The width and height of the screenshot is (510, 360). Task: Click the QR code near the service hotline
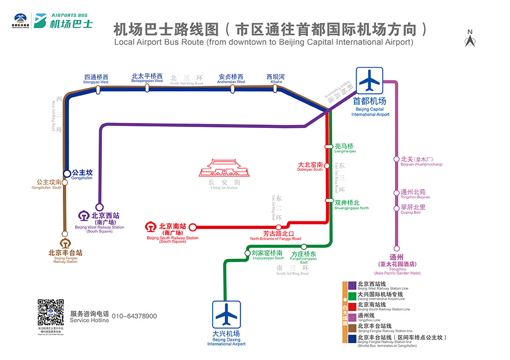(x=50, y=312)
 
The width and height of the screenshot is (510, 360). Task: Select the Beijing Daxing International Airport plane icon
(x=226, y=315)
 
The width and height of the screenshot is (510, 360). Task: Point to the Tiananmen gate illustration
(x=224, y=168)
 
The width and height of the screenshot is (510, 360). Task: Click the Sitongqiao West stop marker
(x=97, y=90)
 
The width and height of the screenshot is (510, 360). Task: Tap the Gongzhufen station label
(x=82, y=175)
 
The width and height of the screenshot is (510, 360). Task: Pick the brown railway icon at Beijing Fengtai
(x=65, y=243)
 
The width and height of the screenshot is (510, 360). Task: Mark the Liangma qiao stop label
(x=344, y=148)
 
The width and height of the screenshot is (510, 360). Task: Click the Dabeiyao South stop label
(x=310, y=167)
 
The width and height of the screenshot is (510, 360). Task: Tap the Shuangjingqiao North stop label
(x=351, y=205)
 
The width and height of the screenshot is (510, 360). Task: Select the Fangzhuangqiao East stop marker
(x=304, y=247)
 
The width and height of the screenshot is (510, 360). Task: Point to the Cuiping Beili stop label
(x=413, y=210)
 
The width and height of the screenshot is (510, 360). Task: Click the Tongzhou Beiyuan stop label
(x=413, y=194)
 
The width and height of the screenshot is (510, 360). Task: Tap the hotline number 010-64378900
(x=134, y=317)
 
